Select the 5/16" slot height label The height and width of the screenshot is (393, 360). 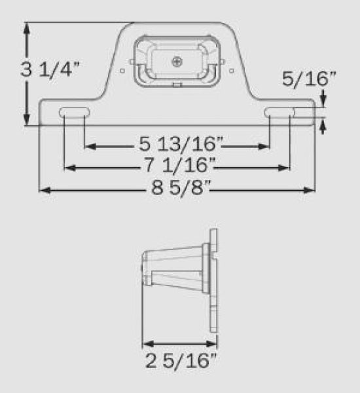(309, 80)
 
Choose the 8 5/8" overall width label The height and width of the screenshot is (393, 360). (179, 191)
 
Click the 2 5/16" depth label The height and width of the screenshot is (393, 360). (181, 361)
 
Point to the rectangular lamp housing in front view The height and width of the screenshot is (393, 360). (177, 62)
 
